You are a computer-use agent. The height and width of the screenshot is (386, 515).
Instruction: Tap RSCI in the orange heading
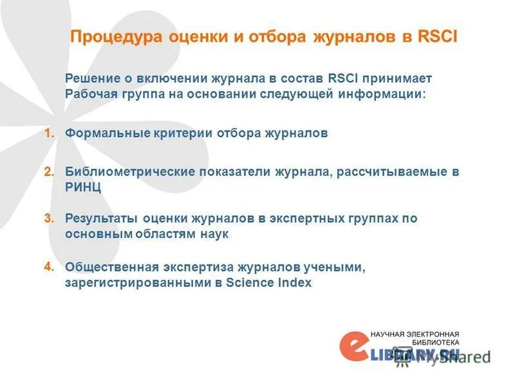pyautogui.click(x=437, y=37)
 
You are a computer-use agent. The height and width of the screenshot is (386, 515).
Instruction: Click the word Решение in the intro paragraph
pyautogui.click(x=89, y=78)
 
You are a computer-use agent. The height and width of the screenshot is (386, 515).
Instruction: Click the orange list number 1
pyautogui.click(x=48, y=133)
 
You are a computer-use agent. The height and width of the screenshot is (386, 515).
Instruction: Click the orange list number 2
pyautogui.click(x=48, y=172)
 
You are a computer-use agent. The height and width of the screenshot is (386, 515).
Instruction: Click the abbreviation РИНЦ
pyautogui.click(x=83, y=187)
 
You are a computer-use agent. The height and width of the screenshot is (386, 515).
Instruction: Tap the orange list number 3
pyautogui.click(x=48, y=218)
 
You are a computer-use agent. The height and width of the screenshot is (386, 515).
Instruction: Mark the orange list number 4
pyautogui.click(x=48, y=266)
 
